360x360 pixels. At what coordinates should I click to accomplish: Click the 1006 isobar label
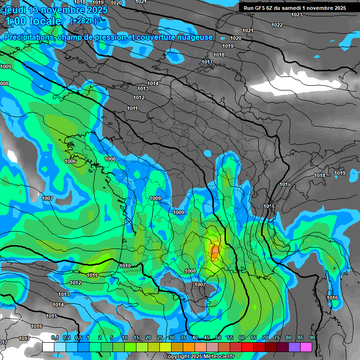[x=70, y=161]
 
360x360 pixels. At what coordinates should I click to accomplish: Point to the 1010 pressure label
[x=125, y=266]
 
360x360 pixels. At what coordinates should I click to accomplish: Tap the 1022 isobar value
[x=277, y=25]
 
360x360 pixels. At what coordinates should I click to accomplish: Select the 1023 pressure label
[x=296, y=15]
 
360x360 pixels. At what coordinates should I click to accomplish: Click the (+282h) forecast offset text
[x=83, y=21]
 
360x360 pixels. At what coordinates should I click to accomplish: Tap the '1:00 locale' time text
[x=33, y=21]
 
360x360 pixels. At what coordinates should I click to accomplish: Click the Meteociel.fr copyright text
[x=199, y=356]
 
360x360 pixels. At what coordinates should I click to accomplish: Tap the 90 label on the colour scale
[x=312, y=337]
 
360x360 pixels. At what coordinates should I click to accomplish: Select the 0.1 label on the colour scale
[x=55, y=337]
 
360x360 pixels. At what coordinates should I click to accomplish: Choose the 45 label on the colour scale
[x=207, y=337]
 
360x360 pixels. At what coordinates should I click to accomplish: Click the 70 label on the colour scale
[x=265, y=337]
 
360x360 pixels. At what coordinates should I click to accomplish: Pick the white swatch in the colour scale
[x=48, y=347]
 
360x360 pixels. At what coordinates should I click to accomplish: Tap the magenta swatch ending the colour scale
[x=306, y=347]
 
